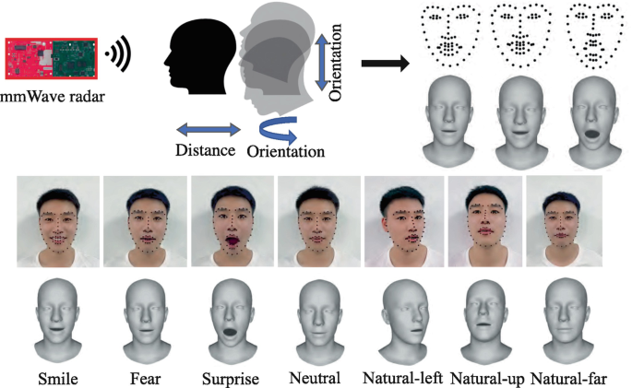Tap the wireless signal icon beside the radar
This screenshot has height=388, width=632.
click(x=117, y=55)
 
